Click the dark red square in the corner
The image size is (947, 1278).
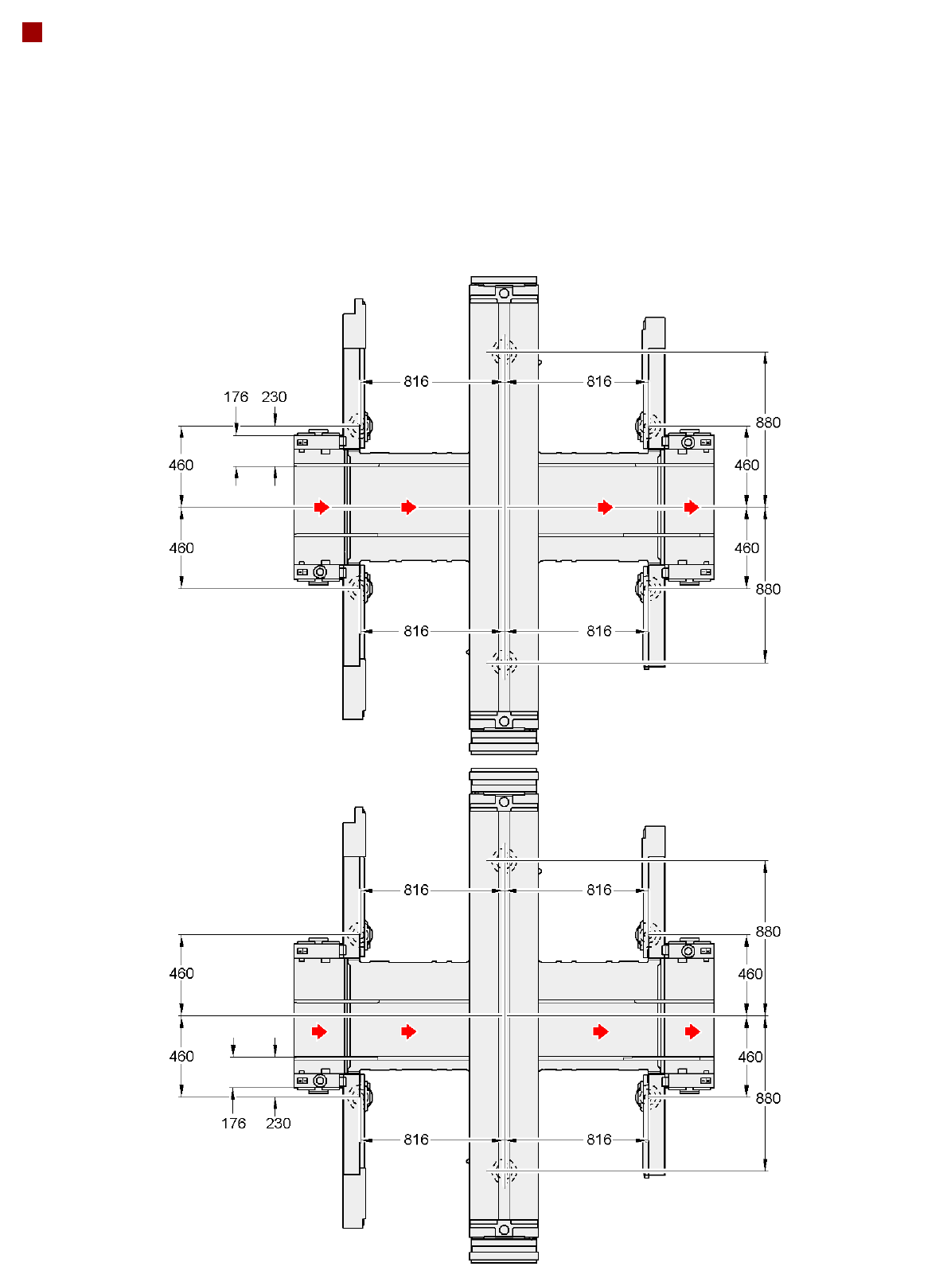point(32,33)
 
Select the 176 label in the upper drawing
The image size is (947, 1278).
point(236,397)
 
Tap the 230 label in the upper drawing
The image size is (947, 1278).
point(274,397)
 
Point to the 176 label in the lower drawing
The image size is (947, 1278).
point(233,1123)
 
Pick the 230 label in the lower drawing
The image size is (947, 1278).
point(278,1123)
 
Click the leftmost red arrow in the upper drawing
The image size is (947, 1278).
point(322,507)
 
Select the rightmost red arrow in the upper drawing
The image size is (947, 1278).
point(692,507)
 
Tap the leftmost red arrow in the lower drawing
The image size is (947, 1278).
point(319,1031)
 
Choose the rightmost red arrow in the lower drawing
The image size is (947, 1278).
point(692,1031)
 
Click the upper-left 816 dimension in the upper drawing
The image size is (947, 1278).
point(415,382)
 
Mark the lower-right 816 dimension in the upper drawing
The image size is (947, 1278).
point(598,631)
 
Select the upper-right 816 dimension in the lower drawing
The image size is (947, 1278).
point(598,890)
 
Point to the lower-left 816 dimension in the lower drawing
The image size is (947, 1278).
point(415,1140)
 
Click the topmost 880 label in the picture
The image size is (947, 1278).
point(768,423)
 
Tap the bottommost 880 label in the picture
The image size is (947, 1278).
point(768,1098)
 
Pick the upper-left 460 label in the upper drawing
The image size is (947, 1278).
point(181,465)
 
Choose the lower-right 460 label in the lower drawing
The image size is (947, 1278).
point(750,1057)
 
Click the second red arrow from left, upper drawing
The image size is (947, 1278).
point(409,507)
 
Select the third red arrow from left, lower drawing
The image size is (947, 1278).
point(601,1031)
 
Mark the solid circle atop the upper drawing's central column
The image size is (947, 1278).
point(503,294)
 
